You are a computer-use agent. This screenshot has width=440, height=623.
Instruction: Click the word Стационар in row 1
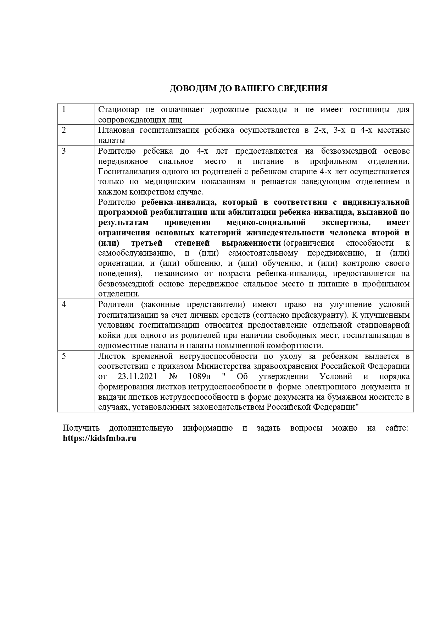[x=118, y=109]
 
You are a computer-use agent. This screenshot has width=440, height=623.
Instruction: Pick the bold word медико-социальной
[x=266, y=223]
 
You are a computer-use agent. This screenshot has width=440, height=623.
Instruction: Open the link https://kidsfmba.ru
[x=100, y=438]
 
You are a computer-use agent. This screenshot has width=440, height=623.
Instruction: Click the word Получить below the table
[x=81, y=428]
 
